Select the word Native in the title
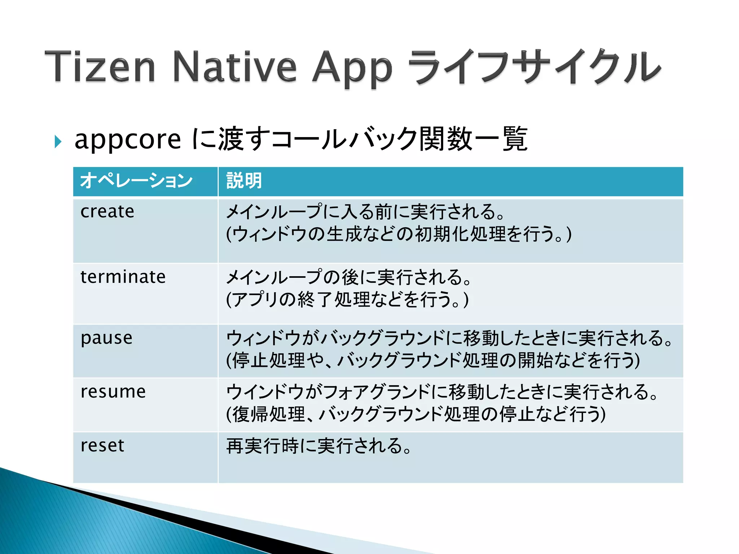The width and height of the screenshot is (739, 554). pos(235,67)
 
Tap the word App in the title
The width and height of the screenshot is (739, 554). pos(352,69)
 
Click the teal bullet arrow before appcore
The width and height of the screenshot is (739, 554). pos(58,141)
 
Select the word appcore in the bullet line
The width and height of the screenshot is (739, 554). pos(127,140)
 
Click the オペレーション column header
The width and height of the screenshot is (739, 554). pos(136,181)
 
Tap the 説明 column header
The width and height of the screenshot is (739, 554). pos(244,181)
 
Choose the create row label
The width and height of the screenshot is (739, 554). pos(107,211)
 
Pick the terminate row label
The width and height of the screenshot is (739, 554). pos(123,277)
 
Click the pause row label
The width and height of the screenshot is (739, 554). pos(106,338)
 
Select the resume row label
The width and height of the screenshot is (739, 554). pos(113,392)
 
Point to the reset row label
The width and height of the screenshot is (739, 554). pos(102,445)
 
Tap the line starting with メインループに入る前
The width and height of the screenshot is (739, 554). pos(365,212)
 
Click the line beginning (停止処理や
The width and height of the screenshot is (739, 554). pos(433,360)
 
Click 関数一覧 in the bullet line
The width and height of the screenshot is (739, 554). pos(473,139)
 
